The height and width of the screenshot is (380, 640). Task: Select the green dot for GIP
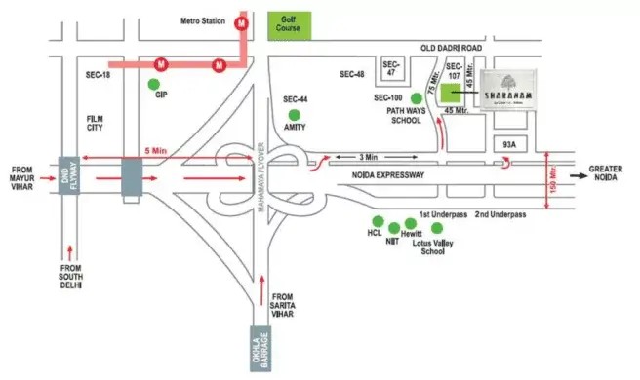click(x=154, y=85)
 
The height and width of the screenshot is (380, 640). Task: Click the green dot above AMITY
click(x=295, y=118)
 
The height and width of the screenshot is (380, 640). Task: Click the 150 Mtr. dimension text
click(x=553, y=179)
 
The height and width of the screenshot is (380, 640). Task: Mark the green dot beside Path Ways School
click(x=417, y=97)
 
